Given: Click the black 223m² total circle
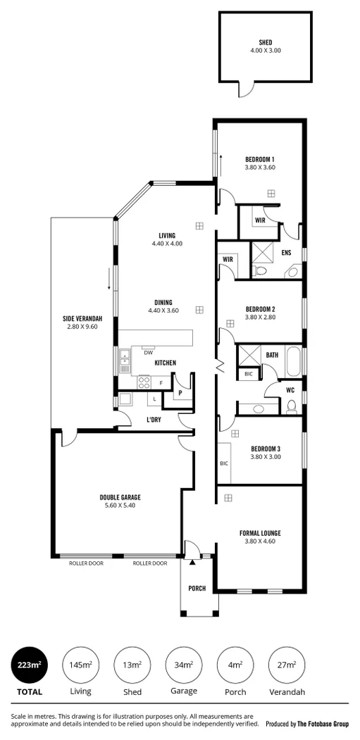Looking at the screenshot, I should point(30,665).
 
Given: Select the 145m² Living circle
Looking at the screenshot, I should point(80,665).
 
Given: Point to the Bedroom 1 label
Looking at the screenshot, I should point(259,158).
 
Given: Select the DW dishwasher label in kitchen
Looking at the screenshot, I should point(148,353).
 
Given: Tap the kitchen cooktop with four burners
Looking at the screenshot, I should point(144,383).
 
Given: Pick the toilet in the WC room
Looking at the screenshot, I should point(290,406).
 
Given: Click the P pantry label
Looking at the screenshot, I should point(180,394).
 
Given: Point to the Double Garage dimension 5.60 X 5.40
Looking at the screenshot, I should point(125,506).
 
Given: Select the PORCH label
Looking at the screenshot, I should point(197,588).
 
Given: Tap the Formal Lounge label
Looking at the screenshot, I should point(261,533).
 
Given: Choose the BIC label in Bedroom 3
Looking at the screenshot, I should point(224,463).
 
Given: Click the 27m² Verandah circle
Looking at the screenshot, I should point(286,665).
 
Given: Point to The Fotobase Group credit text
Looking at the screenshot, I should point(323,723).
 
